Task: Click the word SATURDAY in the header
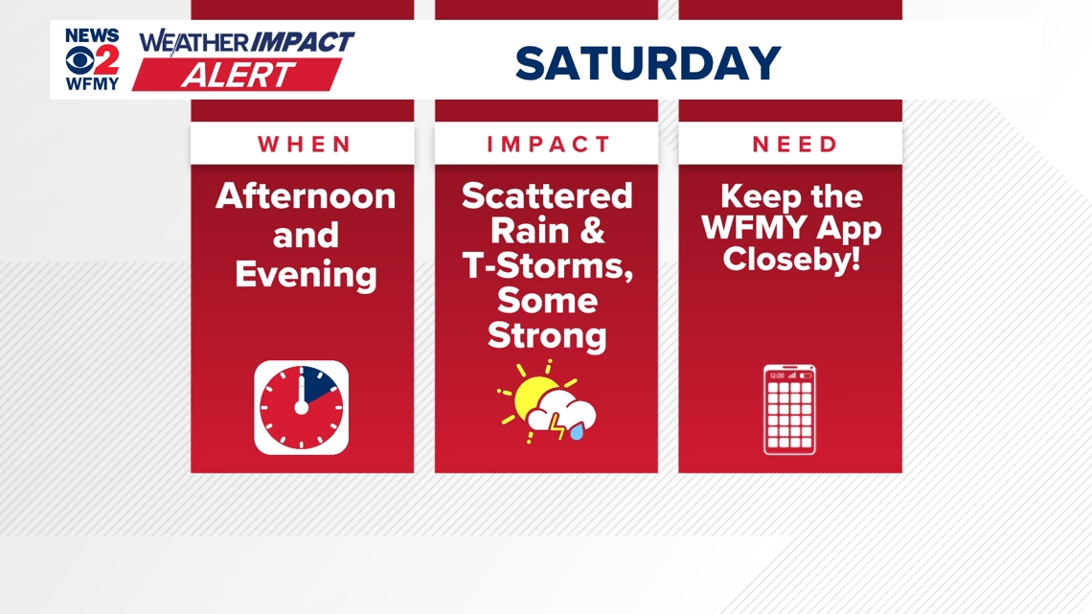click(648, 62)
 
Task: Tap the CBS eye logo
click(80, 60)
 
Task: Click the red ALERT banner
click(238, 75)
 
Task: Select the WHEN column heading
click(305, 144)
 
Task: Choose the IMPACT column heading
click(548, 144)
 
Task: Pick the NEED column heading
click(795, 144)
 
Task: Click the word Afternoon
click(305, 196)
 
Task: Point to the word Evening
click(306, 274)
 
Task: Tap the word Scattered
click(547, 195)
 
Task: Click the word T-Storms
click(547, 266)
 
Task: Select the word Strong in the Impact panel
click(547, 335)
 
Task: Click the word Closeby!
click(792, 259)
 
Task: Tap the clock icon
click(302, 407)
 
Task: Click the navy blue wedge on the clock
click(319, 383)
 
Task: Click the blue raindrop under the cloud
click(577, 433)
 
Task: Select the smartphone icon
click(789, 409)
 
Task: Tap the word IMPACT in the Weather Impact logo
click(302, 42)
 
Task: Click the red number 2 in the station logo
click(106, 60)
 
